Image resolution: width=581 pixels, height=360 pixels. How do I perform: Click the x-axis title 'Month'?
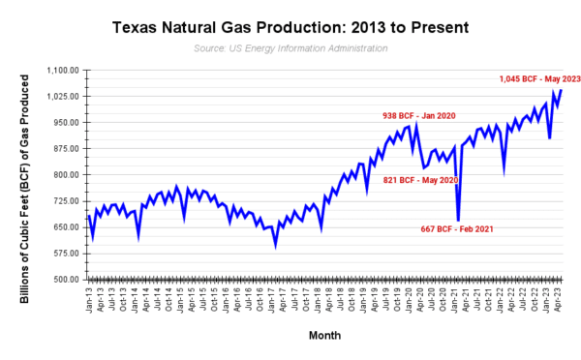(322, 335)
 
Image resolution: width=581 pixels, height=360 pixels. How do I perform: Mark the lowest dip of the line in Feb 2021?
(458, 222)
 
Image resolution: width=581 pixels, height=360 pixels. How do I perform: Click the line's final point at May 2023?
(562, 90)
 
